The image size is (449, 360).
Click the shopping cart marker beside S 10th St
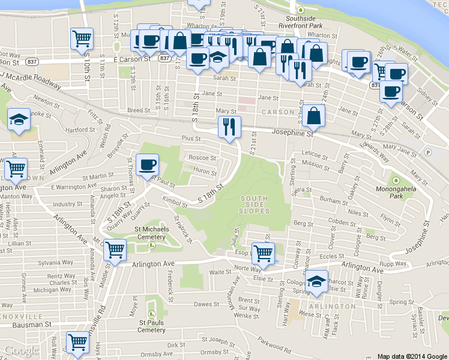click(82, 40)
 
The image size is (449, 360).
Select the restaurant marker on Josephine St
click(229, 127)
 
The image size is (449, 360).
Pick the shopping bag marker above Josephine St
click(314, 116)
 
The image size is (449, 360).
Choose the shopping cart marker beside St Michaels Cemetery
click(114, 250)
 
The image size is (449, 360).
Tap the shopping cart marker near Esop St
click(262, 253)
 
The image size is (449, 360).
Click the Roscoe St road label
click(202, 158)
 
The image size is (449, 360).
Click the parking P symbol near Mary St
click(427, 152)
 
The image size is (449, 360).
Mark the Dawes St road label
click(205, 304)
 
